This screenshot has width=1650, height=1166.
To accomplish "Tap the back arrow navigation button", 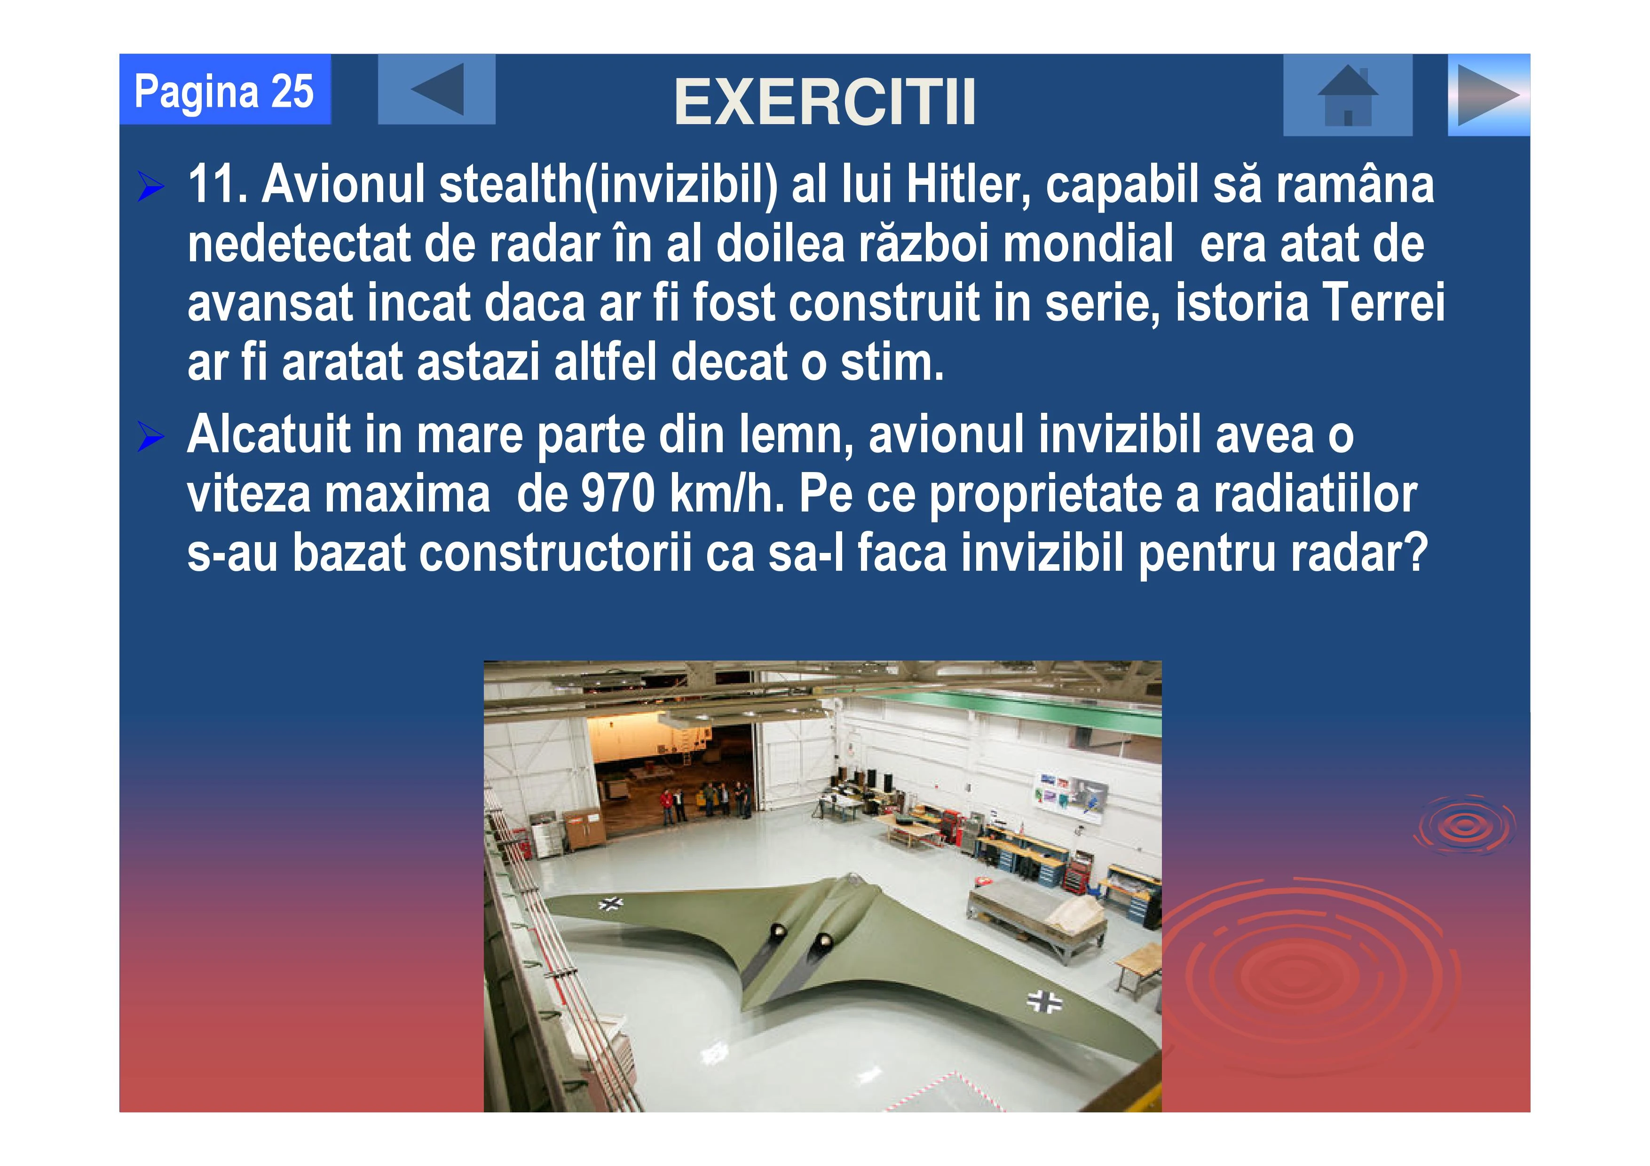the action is click(436, 89).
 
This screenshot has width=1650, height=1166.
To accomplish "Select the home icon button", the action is click(1348, 95).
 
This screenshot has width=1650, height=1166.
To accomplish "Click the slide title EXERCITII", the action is click(825, 102).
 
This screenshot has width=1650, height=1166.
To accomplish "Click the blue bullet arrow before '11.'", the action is click(151, 188).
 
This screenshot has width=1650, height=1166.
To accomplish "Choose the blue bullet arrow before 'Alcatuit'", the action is click(151, 438).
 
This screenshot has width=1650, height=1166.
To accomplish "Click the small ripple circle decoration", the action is click(1464, 825).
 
